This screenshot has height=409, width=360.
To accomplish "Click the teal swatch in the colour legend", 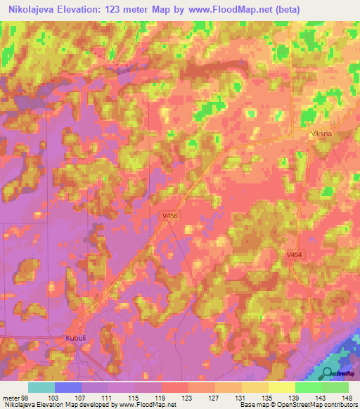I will (41, 387).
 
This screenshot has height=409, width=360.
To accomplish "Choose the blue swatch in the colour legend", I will (68, 387).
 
